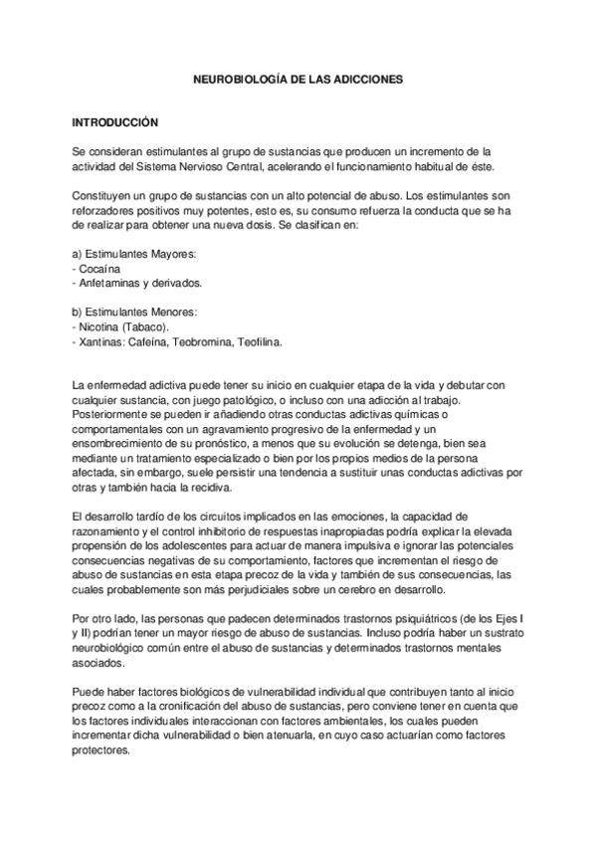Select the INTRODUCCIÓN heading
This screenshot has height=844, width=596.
click(116, 121)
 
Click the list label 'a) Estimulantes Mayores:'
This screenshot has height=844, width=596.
click(134, 254)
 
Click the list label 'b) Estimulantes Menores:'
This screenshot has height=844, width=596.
click(135, 312)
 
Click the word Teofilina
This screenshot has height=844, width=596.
click(259, 341)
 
